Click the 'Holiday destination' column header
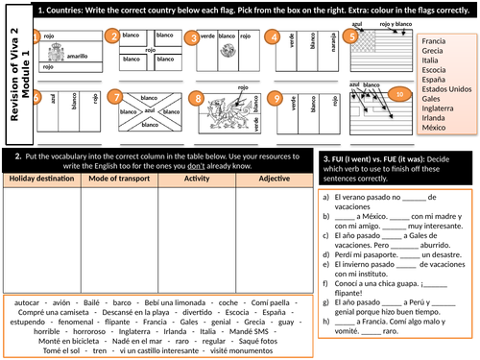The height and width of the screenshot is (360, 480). (41, 178)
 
